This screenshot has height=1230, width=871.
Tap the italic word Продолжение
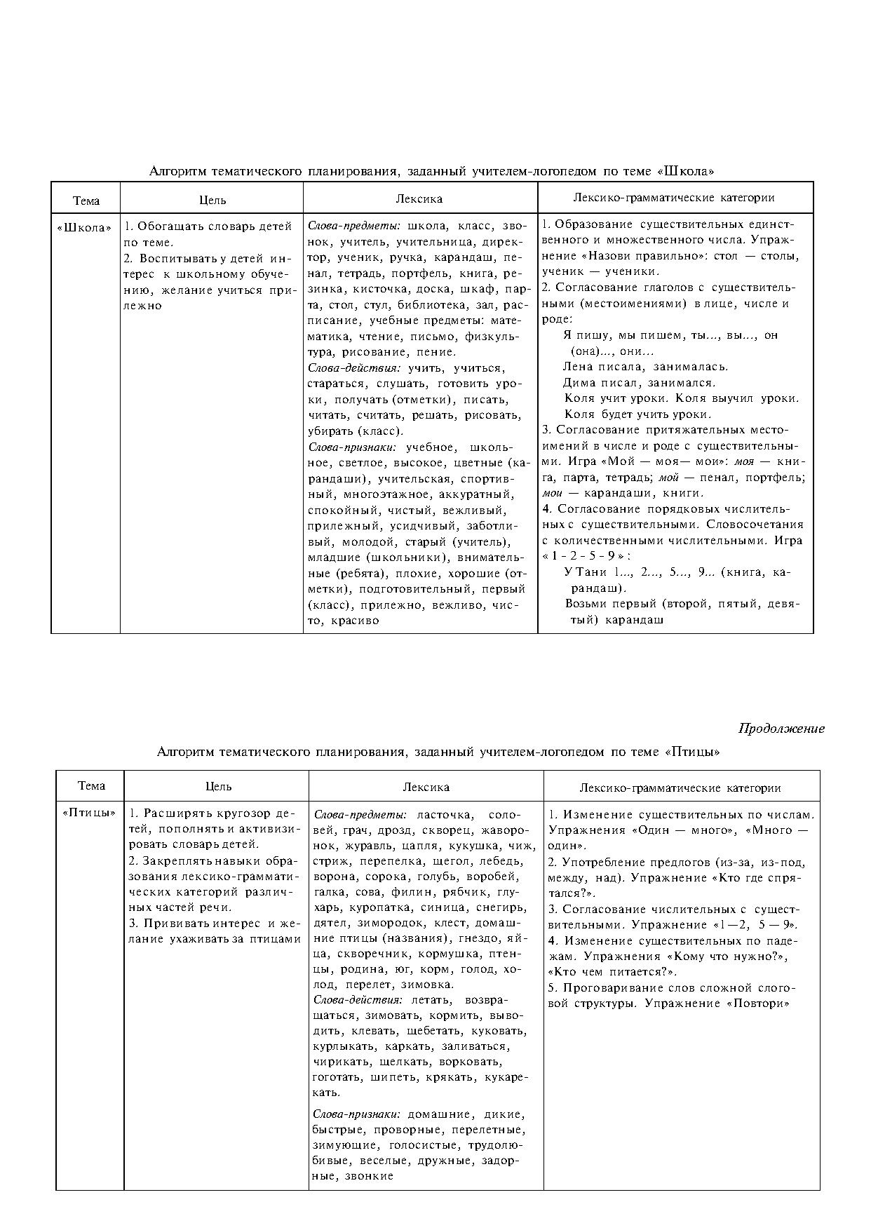click(781, 729)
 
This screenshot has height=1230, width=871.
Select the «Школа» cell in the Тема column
click(85, 227)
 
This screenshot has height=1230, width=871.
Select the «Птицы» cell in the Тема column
click(90, 813)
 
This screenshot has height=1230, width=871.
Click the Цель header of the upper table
click(212, 201)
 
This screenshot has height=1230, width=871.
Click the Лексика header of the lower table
click(426, 788)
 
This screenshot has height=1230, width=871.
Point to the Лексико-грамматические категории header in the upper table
click(674, 198)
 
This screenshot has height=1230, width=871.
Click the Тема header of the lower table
click(91, 786)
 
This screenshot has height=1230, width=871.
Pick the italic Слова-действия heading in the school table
click(354, 368)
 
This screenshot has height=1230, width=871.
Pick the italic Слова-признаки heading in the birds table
click(356, 1114)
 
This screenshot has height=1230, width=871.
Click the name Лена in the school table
click(577, 367)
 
